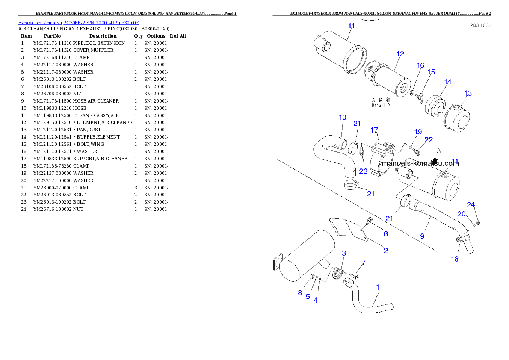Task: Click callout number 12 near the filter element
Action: [400, 54]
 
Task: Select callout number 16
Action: [421, 65]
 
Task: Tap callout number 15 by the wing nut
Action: [431, 72]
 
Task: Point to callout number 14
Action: [447, 82]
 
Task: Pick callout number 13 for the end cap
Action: [468, 93]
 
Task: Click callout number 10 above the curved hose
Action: [343, 117]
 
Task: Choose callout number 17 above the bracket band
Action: [374, 130]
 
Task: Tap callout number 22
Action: [429, 140]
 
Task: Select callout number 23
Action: [363, 171]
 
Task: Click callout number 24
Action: [471, 205]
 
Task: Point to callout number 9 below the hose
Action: [422, 236]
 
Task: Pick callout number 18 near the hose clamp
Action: [455, 259]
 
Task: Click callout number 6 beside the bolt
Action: [385, 234]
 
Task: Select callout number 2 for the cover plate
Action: [385, 251]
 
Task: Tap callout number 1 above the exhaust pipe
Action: [378, 288]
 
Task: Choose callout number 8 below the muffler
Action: [300, 293]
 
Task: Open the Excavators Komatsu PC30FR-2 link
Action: [79, 23]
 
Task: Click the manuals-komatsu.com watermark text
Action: [420, 163]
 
